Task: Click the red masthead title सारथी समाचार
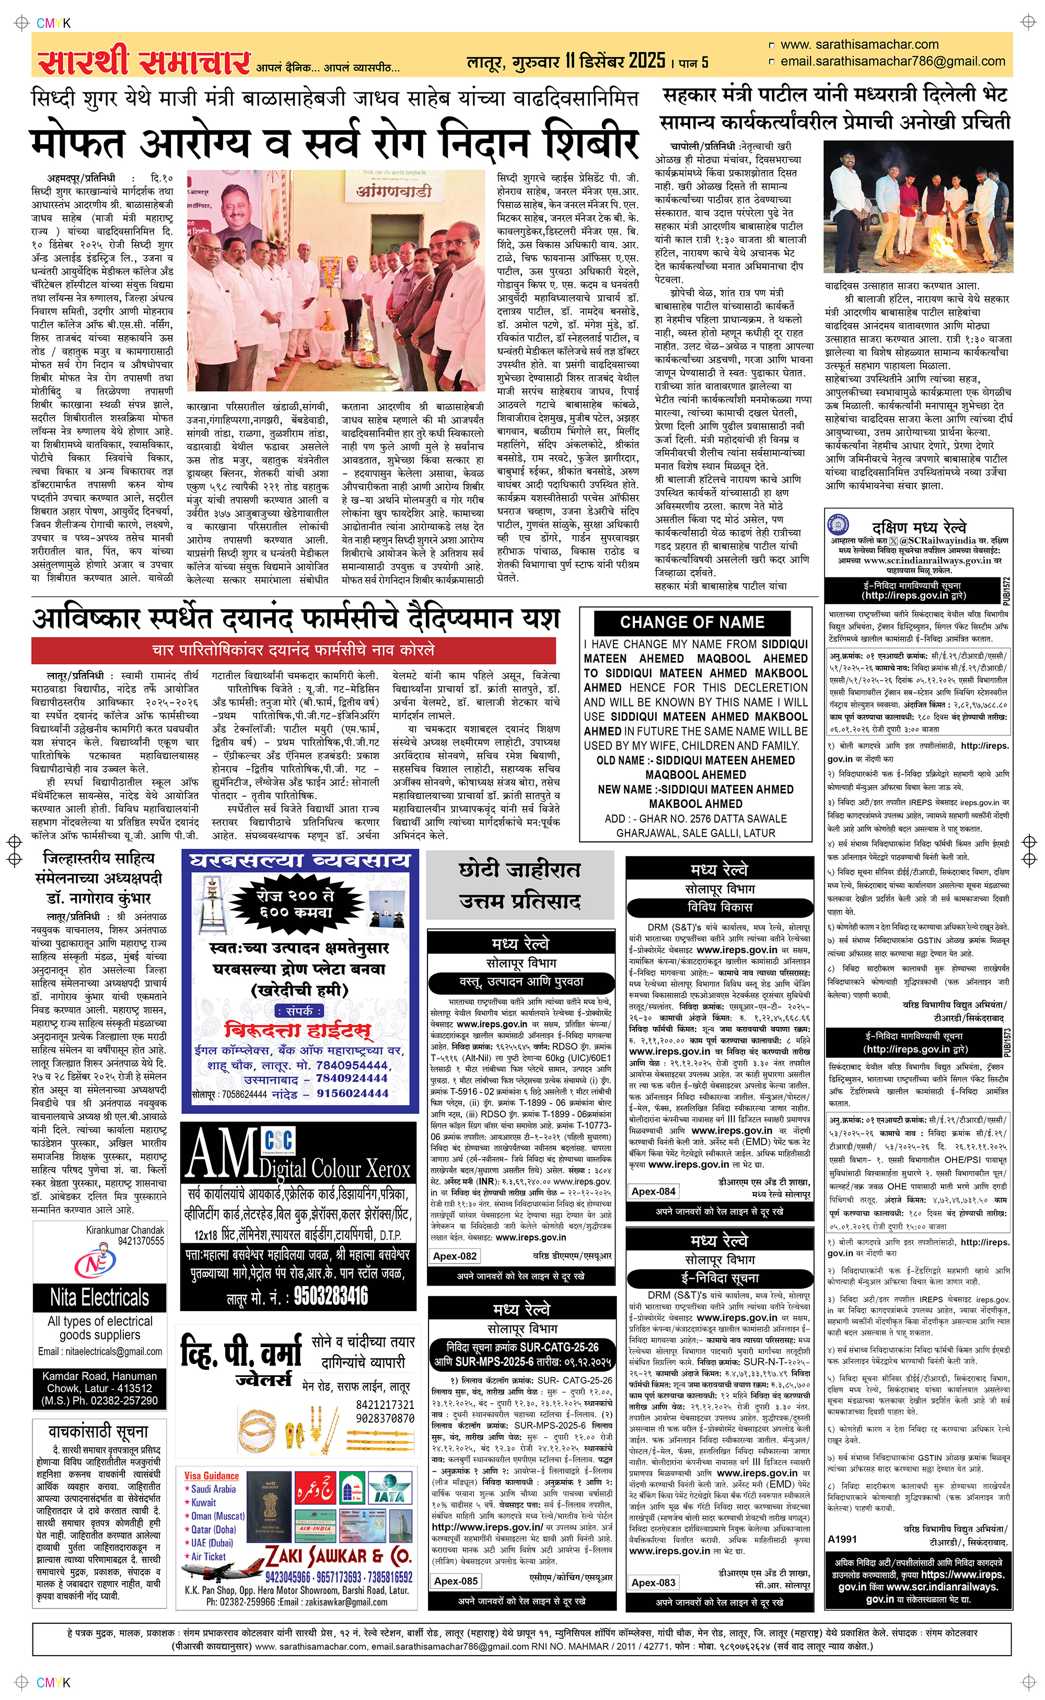pos(143,62)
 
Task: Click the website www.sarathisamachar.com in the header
pos(859,44)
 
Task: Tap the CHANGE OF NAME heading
pos(692,622)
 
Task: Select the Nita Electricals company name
pos(99,1298)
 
